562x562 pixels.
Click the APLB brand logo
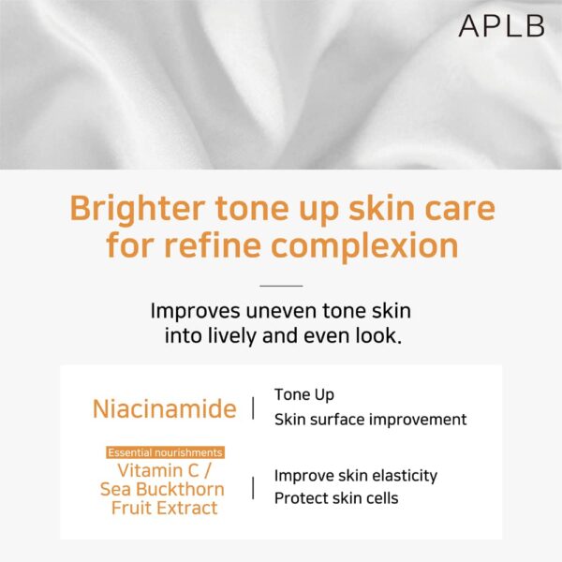pos(501,26)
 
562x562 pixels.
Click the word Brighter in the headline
pos(138,209)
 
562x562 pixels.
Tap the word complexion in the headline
pos(364,246)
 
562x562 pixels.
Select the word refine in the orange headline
pos(213,244)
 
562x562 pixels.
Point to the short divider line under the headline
pos(281,286)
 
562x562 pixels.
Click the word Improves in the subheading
pos(195,312)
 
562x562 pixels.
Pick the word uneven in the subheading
pos(282,311)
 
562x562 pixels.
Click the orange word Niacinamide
pos(165,408)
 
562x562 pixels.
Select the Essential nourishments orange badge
pos(165,452)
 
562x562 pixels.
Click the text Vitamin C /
pos(164,470)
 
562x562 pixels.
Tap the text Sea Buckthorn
pos(162,489)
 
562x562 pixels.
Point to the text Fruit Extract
pos(165,508)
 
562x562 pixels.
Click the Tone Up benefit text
pos(304,395)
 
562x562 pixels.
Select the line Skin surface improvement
pos(371,420)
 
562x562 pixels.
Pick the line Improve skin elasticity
pos(356,476)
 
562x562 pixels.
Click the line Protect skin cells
pos(336,498)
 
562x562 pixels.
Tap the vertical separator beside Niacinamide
pos(254,407)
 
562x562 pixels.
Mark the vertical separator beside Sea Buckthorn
pos(254,488)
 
